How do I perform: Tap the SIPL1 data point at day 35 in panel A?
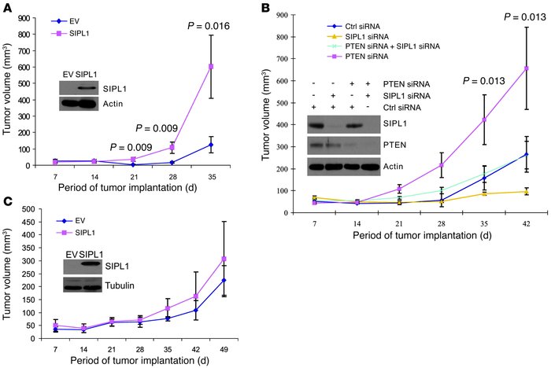pyautogui.click(x=233, y=66)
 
